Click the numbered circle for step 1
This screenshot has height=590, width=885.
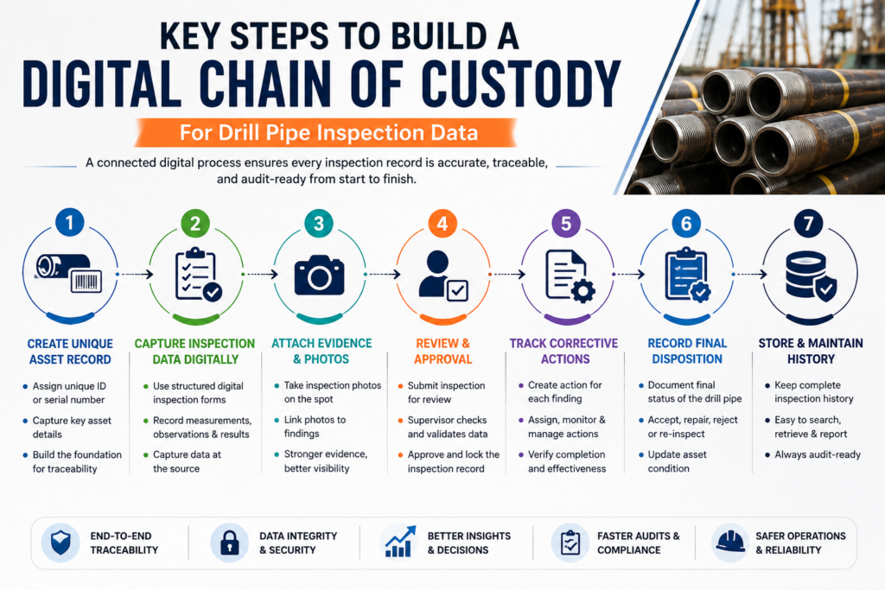[x=70, y=222]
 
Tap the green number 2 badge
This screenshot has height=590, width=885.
[x=195, y=224]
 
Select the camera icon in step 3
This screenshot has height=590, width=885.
[x=319, y=276]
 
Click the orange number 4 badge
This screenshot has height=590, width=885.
[x=442, y=224]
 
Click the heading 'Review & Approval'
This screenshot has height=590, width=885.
[x=443, y=351]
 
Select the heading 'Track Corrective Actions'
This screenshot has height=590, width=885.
[x=563, y=351]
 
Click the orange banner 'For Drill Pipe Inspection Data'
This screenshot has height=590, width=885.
[x=326, y=133]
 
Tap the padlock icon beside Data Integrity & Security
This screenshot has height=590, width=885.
[x=229, y=542]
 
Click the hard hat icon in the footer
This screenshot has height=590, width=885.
[x=730, y=542]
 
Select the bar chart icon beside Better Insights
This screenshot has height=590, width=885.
[x=400, y=542]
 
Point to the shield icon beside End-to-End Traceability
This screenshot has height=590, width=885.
[x=60, y=542]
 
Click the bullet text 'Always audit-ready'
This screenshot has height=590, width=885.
[x=818, y=454]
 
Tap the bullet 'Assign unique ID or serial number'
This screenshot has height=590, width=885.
[x=69, y=393]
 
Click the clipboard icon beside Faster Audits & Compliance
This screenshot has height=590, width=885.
[x=570, y=542]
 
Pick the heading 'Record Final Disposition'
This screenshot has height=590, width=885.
[x=687, y=351]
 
